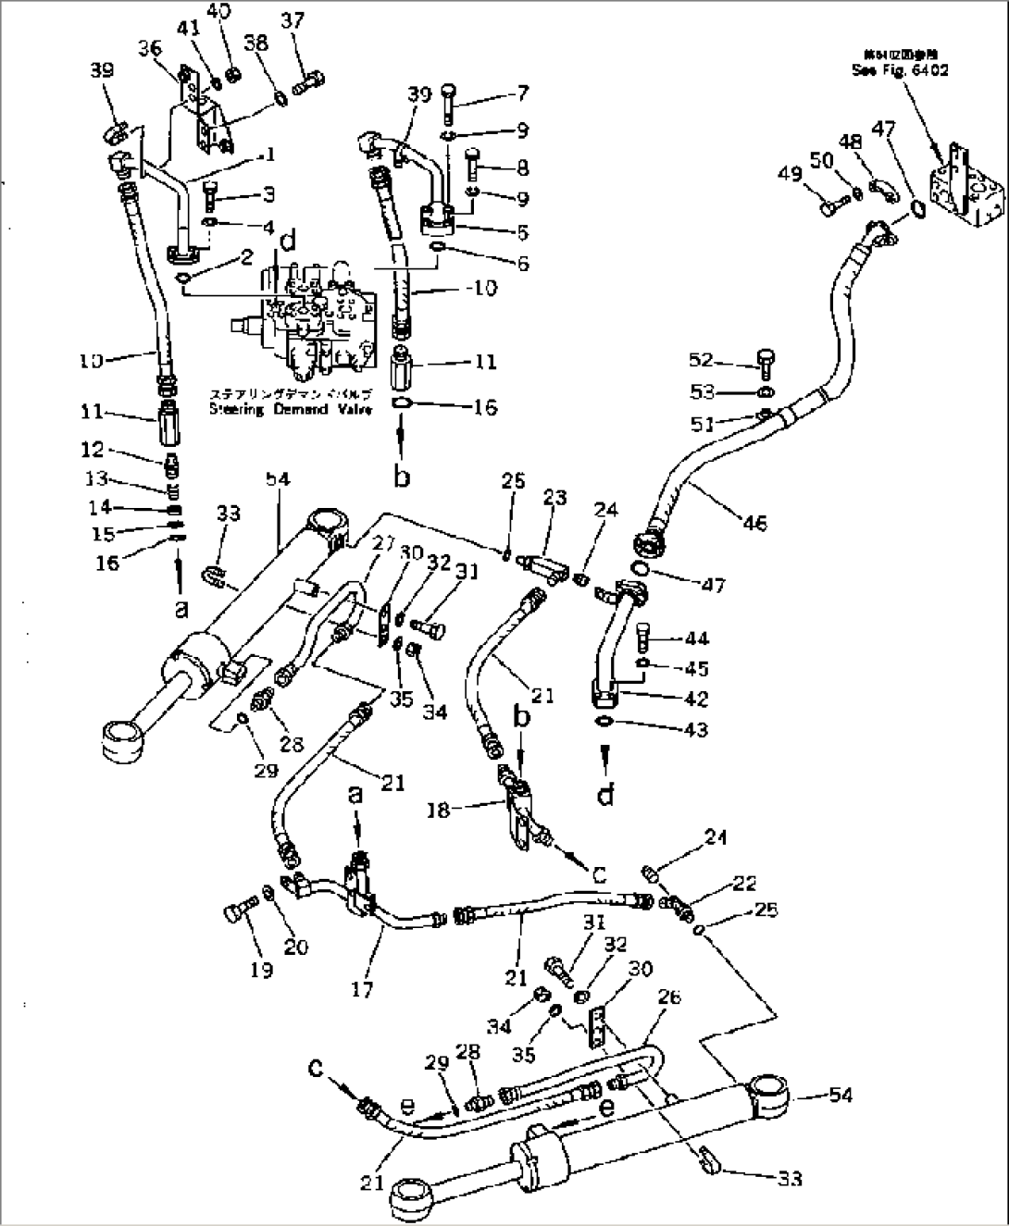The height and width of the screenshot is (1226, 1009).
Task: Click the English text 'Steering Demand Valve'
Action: pos(290,409)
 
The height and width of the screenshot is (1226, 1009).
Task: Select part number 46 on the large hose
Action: pos(754,523)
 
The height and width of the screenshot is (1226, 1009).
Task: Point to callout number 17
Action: pos(362,989)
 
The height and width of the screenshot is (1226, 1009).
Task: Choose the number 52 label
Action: pos(702,360)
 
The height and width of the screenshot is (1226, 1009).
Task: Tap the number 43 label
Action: pos(695,729)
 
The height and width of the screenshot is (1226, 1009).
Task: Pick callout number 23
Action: pos(554,499)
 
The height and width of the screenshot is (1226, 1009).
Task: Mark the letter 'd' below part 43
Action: pos(605,792)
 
